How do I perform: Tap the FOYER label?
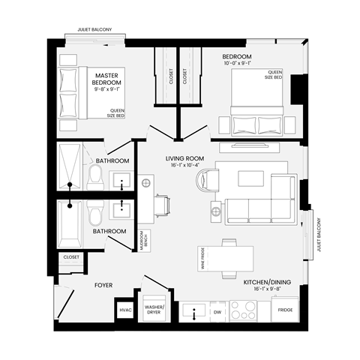(103, 285)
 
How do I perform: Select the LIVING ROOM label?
(185, 159)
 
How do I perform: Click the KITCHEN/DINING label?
(267, 283)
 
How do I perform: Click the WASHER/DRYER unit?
(154, 310)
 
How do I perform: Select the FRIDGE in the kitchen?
(285, 310)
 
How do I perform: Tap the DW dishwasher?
(218, 310)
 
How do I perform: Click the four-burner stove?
(244, 310)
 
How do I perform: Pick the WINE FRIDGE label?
(202, 259)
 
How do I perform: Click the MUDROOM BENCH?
(145, 239)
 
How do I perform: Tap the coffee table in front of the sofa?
(250, 178)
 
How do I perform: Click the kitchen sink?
(194, 310)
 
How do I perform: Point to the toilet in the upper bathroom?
(94, 177)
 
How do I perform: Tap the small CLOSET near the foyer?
(71, 257)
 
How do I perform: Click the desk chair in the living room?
(163, 202)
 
